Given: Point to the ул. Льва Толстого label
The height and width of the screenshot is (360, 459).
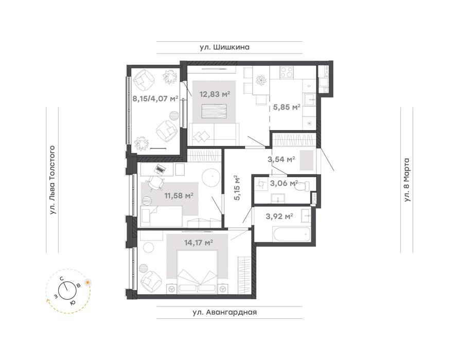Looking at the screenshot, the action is [52, 181].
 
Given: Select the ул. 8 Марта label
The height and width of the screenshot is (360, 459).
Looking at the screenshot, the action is [407, 179].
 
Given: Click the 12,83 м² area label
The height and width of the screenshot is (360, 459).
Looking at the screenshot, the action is [215, 94].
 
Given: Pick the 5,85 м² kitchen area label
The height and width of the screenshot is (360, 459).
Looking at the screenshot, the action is [287, 107].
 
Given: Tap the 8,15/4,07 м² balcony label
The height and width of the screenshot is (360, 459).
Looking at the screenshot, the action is [155, 99].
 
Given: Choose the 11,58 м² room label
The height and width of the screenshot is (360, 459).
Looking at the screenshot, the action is [179, 195].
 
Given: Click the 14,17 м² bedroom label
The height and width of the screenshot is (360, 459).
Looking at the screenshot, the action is [198, 242].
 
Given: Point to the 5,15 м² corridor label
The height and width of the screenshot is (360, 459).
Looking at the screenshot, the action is [237, 188].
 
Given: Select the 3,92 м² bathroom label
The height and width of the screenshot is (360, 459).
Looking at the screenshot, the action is [279, 217].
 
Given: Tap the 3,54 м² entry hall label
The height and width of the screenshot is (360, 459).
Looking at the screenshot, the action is [281, 159].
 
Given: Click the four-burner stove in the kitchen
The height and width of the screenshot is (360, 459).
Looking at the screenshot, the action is [287, 72].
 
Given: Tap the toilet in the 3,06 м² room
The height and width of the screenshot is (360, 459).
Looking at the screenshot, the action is [303, 186].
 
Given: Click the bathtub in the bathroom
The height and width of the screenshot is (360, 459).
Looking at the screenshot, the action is [291, 235].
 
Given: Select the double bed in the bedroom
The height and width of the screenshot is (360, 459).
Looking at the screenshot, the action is [198, 271].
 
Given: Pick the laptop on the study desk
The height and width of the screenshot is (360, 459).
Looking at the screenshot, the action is [160, 169].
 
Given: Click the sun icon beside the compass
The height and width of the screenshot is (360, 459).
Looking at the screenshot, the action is [87, 282].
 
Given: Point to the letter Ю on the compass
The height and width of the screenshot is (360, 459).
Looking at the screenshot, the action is [73, 302].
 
